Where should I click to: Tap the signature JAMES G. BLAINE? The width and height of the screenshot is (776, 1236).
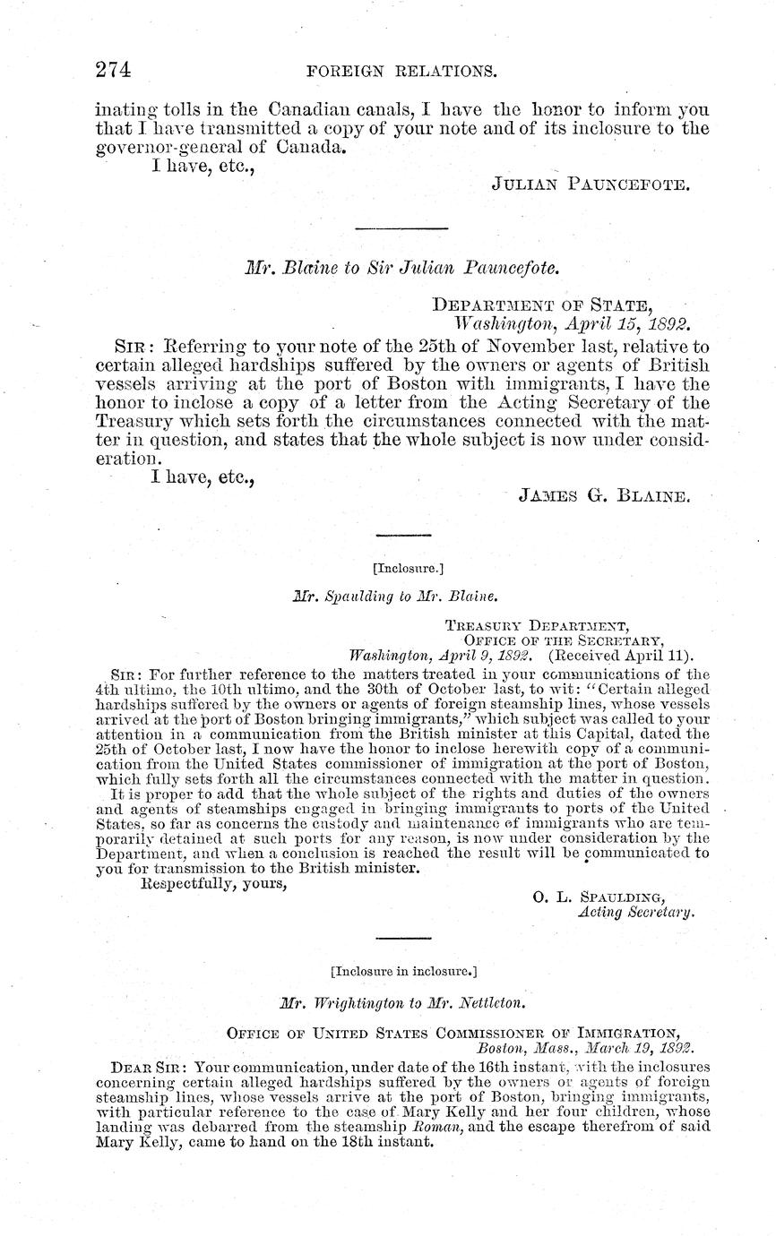point(604,494)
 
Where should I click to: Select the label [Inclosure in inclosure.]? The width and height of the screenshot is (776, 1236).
point(403,970)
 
